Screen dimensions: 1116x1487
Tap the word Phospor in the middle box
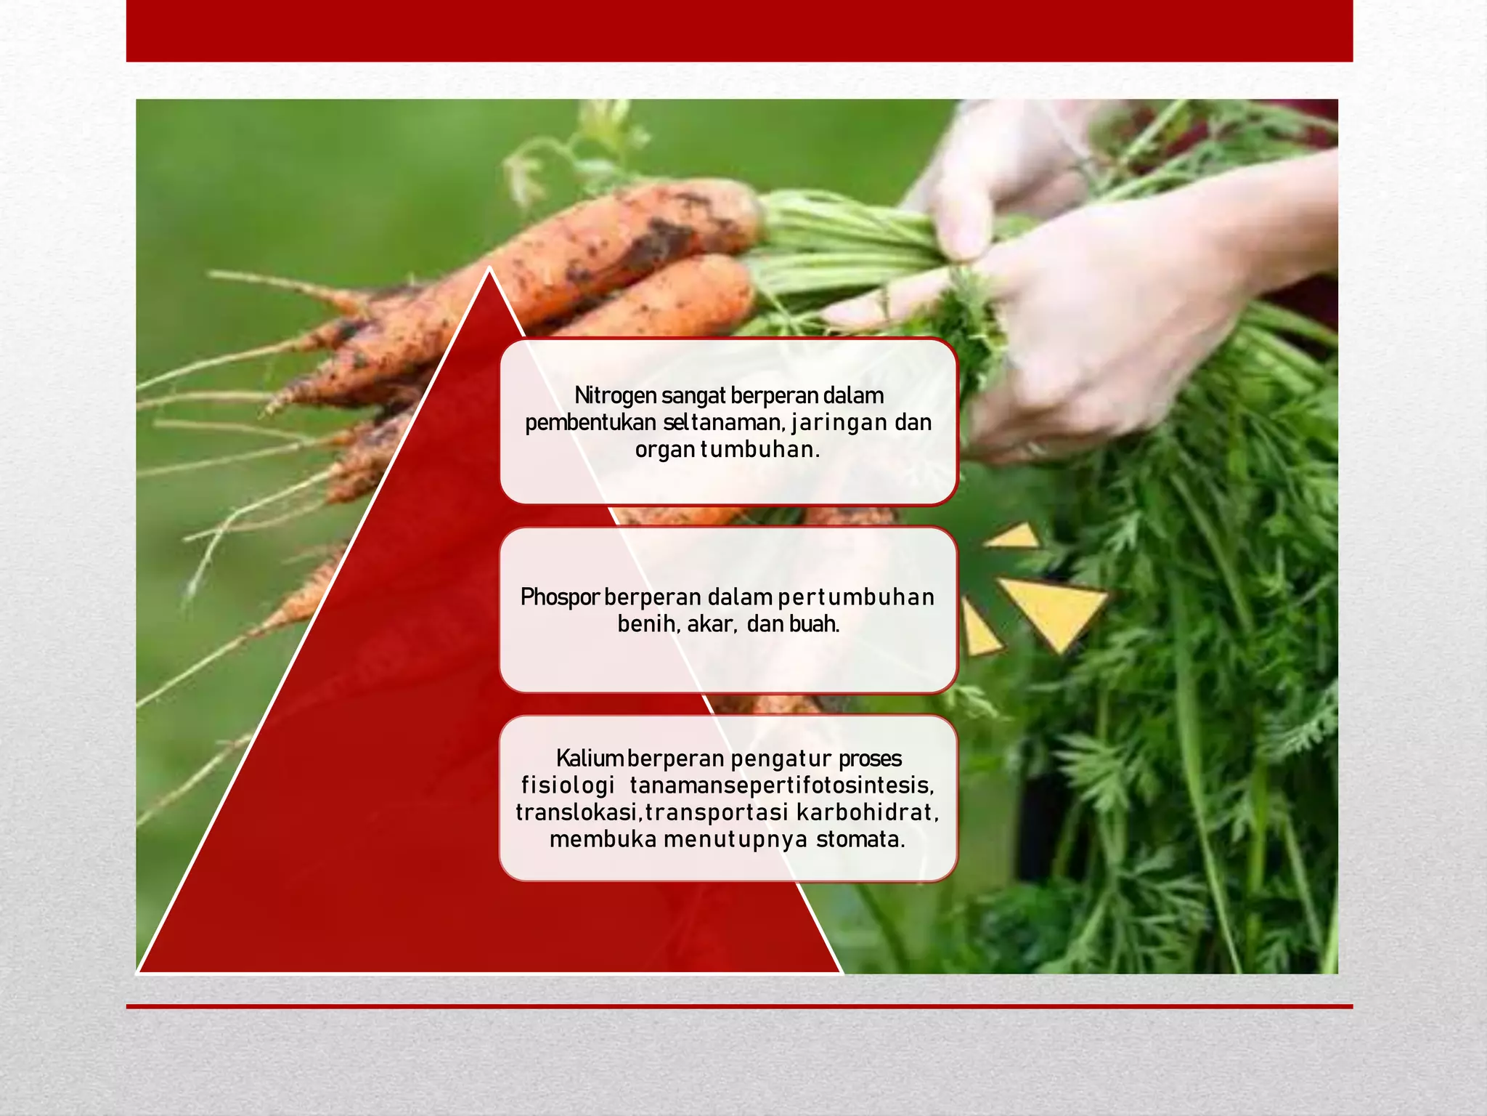pos(560,597)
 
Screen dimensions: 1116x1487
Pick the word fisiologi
pos(568,785)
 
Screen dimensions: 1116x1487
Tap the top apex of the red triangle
pos(489,270)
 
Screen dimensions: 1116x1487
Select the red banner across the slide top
pos(739,31)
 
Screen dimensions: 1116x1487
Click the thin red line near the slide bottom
pos(739,1006)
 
